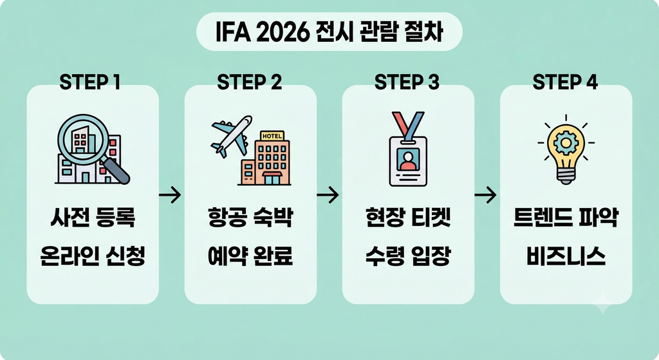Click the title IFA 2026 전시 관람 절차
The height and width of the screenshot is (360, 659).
[329, 32]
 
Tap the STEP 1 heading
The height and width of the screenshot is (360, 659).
[90, 82]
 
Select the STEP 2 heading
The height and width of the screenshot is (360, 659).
[250, 82]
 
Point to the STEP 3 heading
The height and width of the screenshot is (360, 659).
[407, 82]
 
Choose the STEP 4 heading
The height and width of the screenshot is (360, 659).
[565, 82]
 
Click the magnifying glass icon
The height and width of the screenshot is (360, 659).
[93, 147]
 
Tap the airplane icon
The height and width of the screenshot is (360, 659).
[231, 135]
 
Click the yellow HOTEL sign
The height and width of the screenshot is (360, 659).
[272, 136]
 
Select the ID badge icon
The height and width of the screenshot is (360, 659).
[408, 149]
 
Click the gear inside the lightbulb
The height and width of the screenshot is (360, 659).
[566, 144]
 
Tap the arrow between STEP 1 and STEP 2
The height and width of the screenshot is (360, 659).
[170, 194]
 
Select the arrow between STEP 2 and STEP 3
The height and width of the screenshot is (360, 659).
[328, 194]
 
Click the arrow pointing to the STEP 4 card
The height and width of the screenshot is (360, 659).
[485, 194]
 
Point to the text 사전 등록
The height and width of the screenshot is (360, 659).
[93, 218]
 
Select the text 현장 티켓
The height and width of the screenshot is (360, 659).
[408, 218]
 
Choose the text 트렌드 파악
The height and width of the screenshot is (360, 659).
[566, 218]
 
